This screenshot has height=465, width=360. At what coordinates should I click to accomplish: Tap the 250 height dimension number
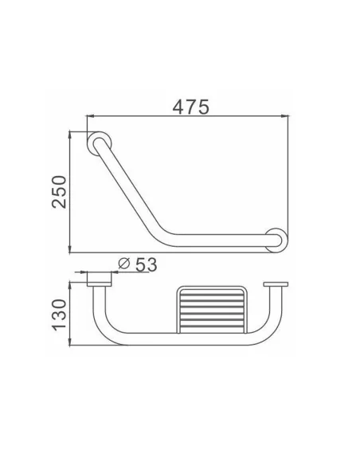[x=57, y=190]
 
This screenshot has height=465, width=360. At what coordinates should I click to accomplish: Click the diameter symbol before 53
[x=123, y=264]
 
